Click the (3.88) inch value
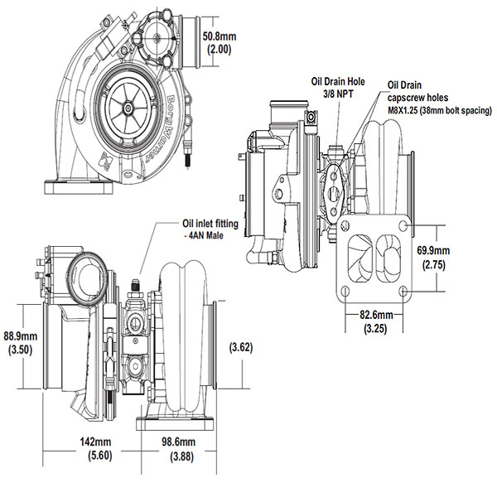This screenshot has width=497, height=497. coord(179,456)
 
